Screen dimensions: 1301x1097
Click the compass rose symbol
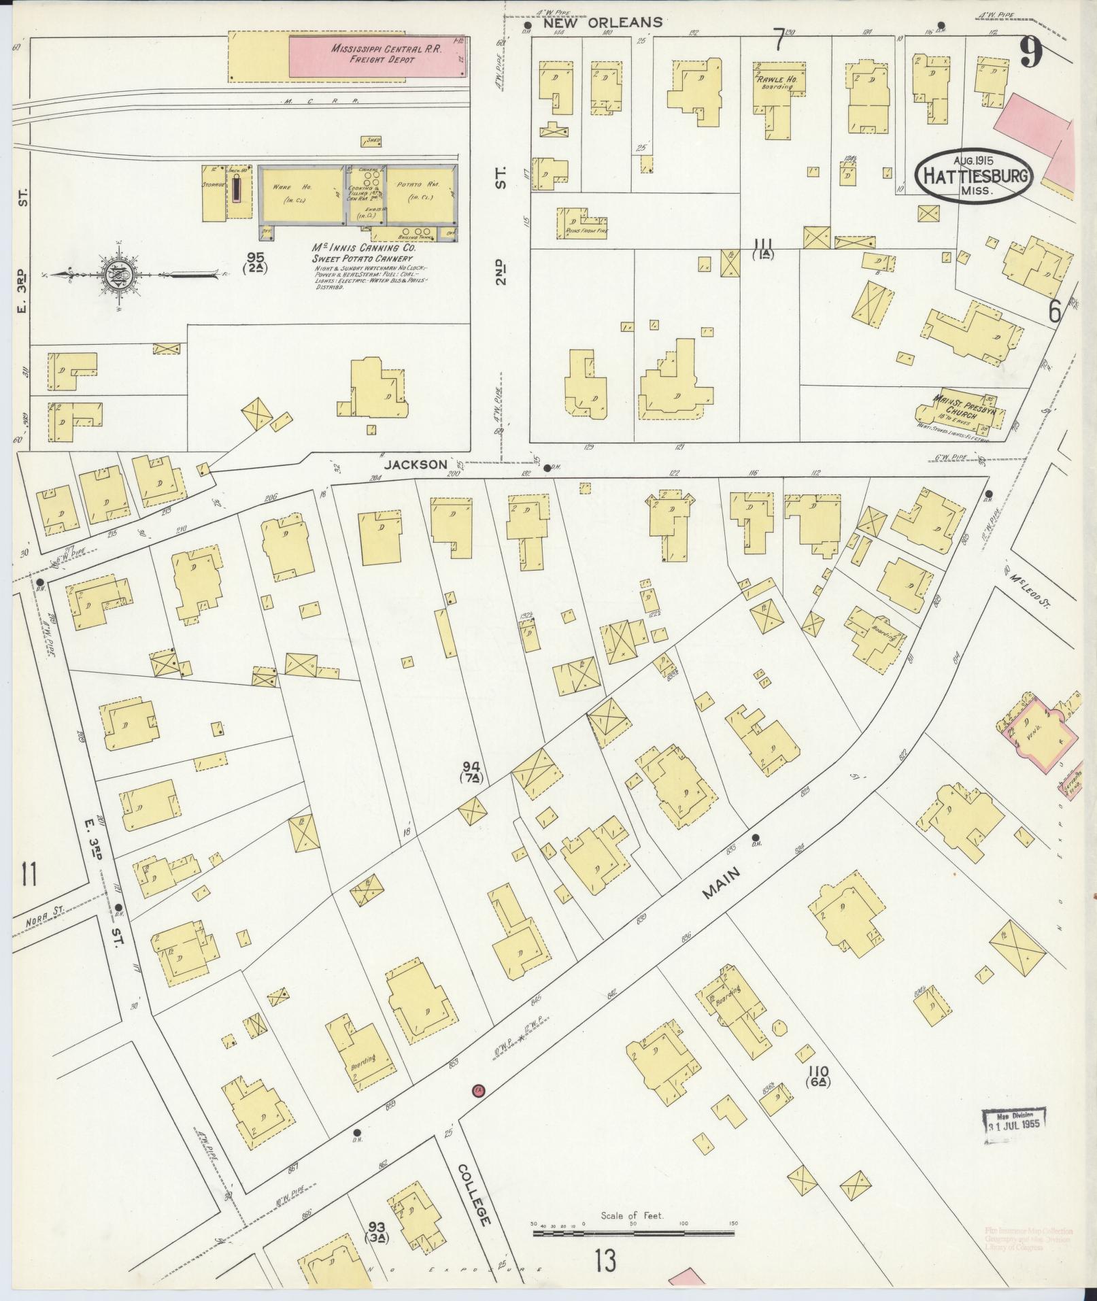click(x=116, y=275)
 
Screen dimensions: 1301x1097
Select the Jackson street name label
click(x=415, y=464)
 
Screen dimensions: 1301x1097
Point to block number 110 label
click(x=817, y=1078)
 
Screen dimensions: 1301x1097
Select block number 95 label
click(x=255, y=262)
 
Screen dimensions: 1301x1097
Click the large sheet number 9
click(x=1031, y=52)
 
